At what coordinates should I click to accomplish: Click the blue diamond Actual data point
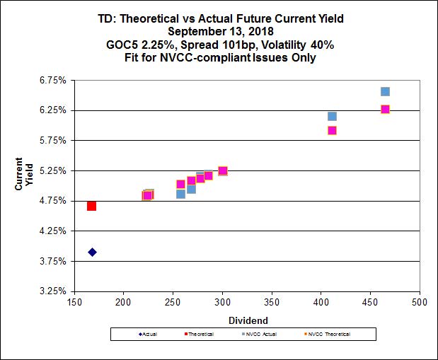92,252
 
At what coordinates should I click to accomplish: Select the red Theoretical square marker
91,206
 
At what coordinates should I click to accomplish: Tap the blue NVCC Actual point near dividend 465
385,91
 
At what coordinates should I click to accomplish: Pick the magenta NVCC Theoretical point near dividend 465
385,109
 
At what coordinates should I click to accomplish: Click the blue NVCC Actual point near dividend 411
332,116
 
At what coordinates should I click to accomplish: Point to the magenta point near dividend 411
332,130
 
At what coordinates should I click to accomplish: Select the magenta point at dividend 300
222,170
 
